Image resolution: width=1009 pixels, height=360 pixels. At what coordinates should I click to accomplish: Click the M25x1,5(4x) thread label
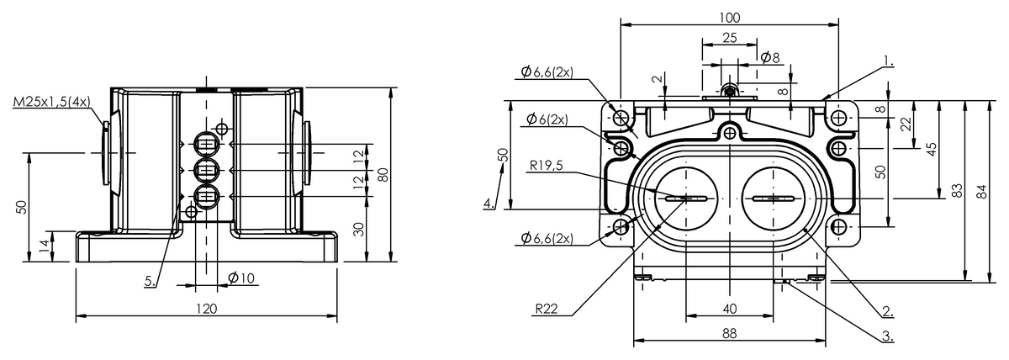pyautogui.click(x=52, y=102)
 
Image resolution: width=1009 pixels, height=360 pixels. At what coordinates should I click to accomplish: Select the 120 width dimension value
pyautogui.click(x=207, y=309)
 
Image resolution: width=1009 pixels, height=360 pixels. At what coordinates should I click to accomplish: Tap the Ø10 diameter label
pyautogui.click(x=241, y=278)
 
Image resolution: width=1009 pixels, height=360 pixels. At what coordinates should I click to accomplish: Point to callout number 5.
pyautogui.click(x=151, y=282)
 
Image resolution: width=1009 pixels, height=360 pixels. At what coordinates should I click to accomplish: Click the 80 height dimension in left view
pyautogui.click(x=383, y=174)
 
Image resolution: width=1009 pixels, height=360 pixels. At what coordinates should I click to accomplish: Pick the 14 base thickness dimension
pyautogui.click(x=44, y=246)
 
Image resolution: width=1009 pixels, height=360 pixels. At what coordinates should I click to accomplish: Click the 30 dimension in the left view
pyautogui.click(x=358, y=230)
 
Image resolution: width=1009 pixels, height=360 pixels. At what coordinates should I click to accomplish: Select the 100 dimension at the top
pyautogui.click(x=729, y=18)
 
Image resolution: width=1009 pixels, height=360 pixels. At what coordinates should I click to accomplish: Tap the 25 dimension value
pyautogui.click(x=729, y=38)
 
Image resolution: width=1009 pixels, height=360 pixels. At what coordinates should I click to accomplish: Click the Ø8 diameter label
pyautogui.click(x=770, y=57)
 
